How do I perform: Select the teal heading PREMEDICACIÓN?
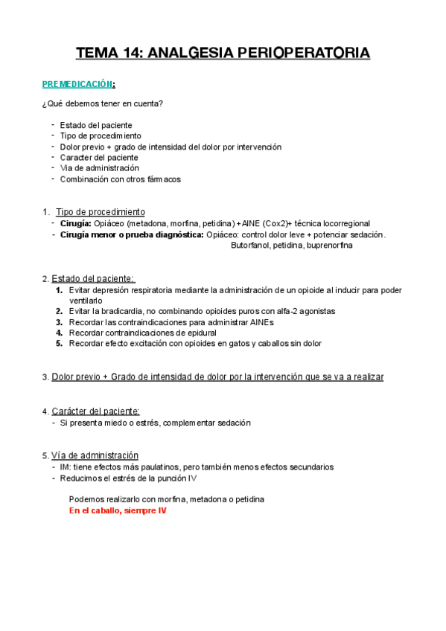77,85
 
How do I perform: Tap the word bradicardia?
118,311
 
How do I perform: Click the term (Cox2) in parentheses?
276,223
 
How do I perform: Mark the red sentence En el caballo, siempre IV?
118,511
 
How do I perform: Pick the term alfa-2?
282,311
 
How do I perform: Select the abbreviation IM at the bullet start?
65,467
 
